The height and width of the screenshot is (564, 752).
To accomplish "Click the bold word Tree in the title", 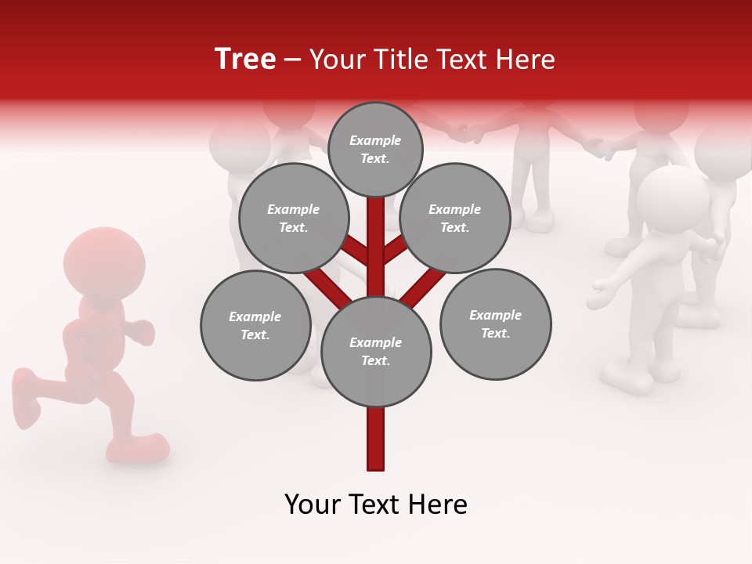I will click(x=245, y=60).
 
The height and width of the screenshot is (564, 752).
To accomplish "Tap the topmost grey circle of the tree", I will click(x=375, y=149).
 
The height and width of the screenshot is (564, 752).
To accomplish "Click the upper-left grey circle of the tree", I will click(x=293, y=218).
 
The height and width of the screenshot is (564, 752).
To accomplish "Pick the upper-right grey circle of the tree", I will click(x=455, y=218).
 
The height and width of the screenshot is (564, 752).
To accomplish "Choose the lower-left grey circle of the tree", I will click(x=255, y=325).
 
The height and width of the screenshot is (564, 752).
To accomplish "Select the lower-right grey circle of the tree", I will click(x=495, y=324).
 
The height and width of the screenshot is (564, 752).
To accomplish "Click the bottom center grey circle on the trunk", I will click(x=376, y=351).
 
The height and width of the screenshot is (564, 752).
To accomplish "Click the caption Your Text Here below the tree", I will click(x=376, y=504).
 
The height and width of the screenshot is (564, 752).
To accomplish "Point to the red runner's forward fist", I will click(x=142, y=331).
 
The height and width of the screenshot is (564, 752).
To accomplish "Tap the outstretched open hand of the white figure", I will click(x=601, y=295).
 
